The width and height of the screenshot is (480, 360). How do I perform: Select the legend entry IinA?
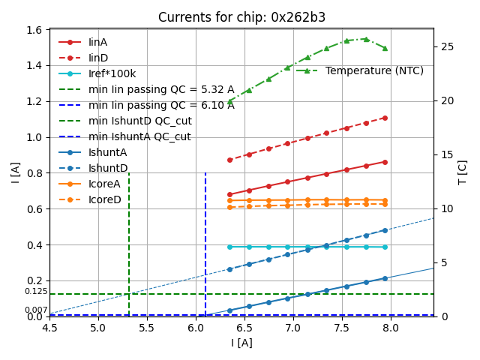pyautogui.click(x=97, y=42)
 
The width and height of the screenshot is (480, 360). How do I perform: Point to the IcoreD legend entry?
pyautogui.click(x=104, y=199)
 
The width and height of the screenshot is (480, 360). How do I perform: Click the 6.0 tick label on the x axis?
pyautogui.click(x=196, y=328)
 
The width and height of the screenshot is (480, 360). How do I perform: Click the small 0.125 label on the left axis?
pyautogui.click(x=36, y=291)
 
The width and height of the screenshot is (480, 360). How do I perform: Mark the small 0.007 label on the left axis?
pyautogui.click(x=36, y=310)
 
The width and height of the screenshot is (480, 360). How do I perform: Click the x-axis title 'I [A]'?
pyautogui.click(x=241, y=343)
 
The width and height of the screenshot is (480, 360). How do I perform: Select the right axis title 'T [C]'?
pyautogui.click(x=463, y=172)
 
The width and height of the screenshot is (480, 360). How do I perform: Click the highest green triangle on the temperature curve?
pyautogui.click(x=366, y=39)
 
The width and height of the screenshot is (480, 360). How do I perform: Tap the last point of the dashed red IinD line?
pyautogui.click(x=385, y=118)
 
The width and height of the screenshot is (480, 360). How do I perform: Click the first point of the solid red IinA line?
pyautogui.click(x=229, y=194)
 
